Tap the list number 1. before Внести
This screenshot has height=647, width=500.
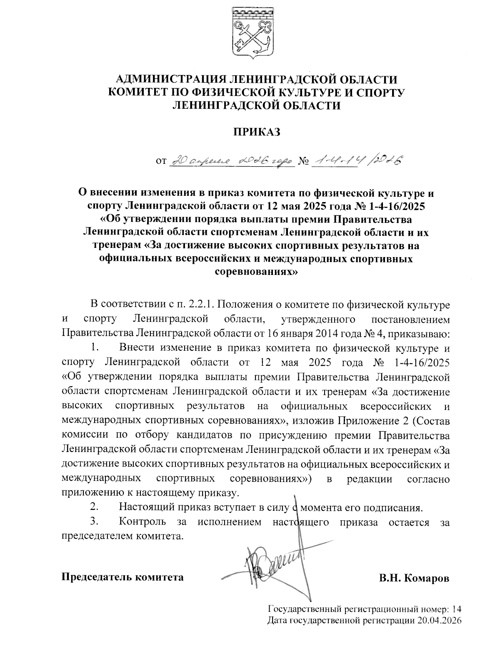click(x=94, y=347)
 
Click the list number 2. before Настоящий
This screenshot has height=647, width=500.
click(x=94, y=507)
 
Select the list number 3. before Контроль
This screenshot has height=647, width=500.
click(x=94, y=522)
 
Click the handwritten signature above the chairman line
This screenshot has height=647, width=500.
click(x=275, y=562)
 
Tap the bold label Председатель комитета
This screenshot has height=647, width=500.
click(x=122, y=577)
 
